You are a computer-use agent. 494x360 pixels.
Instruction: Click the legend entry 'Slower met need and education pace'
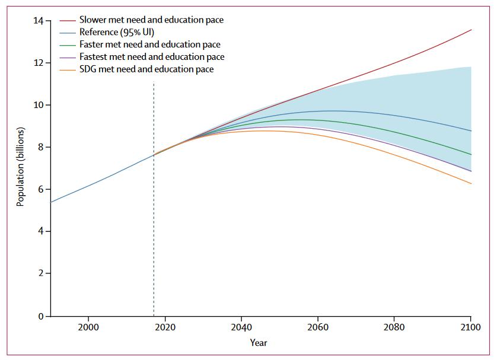[151, 20]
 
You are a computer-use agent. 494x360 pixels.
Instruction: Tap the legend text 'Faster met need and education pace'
[149, 45]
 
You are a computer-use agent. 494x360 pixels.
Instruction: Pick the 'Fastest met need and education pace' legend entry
[152, 57]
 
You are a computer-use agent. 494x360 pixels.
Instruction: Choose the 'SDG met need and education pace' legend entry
[146, 69]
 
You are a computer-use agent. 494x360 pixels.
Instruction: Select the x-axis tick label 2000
[88, 327]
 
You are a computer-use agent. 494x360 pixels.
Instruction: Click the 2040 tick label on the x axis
[241, 327]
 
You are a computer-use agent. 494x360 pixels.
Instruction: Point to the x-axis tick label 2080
[394, 327]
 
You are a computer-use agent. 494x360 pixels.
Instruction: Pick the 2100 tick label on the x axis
[470, 327]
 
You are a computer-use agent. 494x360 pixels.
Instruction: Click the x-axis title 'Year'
[259, 342]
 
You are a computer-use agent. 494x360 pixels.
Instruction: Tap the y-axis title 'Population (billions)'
[21, 167]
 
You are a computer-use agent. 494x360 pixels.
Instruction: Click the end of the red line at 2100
[471, 30]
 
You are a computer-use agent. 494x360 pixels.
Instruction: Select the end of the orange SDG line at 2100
[471, 184]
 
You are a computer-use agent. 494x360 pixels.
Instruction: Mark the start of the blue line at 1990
[51, 202]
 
